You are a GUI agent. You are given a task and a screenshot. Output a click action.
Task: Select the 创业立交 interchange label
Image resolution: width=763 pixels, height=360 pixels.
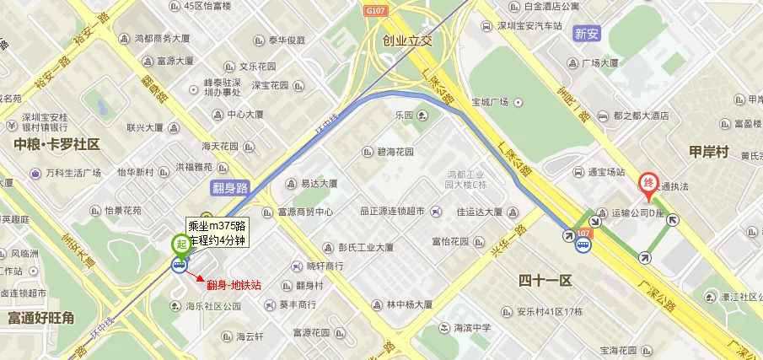[406, 40]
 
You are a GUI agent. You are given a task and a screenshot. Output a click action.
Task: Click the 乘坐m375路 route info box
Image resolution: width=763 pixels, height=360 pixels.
[217, 233]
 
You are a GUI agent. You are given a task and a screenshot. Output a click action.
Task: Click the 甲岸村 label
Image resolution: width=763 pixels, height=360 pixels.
[708, 152]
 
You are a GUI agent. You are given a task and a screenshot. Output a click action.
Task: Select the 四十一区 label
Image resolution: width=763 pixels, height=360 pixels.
[545, 280]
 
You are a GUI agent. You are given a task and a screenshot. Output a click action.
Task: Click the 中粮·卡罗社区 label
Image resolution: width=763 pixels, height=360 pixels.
[56, 144]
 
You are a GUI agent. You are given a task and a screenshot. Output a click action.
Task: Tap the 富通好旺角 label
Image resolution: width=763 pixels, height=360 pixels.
[40, 318]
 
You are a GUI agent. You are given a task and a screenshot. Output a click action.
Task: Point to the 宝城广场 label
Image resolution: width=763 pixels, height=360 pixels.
[490, 102]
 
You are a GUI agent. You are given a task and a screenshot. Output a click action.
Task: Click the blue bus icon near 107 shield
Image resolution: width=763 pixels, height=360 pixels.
[583, 246]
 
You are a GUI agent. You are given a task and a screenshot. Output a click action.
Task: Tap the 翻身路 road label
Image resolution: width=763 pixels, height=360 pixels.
[230, 188]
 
